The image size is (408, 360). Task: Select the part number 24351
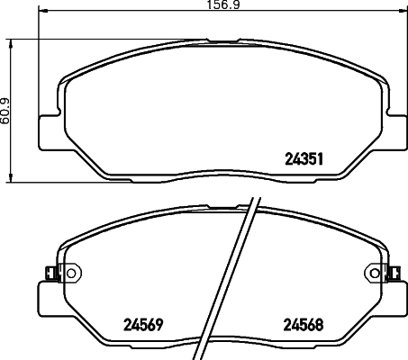(x=303, y=157)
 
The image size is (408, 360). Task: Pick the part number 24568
(x=303, y=325)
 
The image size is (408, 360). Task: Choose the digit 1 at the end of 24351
(x=320, y=157)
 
